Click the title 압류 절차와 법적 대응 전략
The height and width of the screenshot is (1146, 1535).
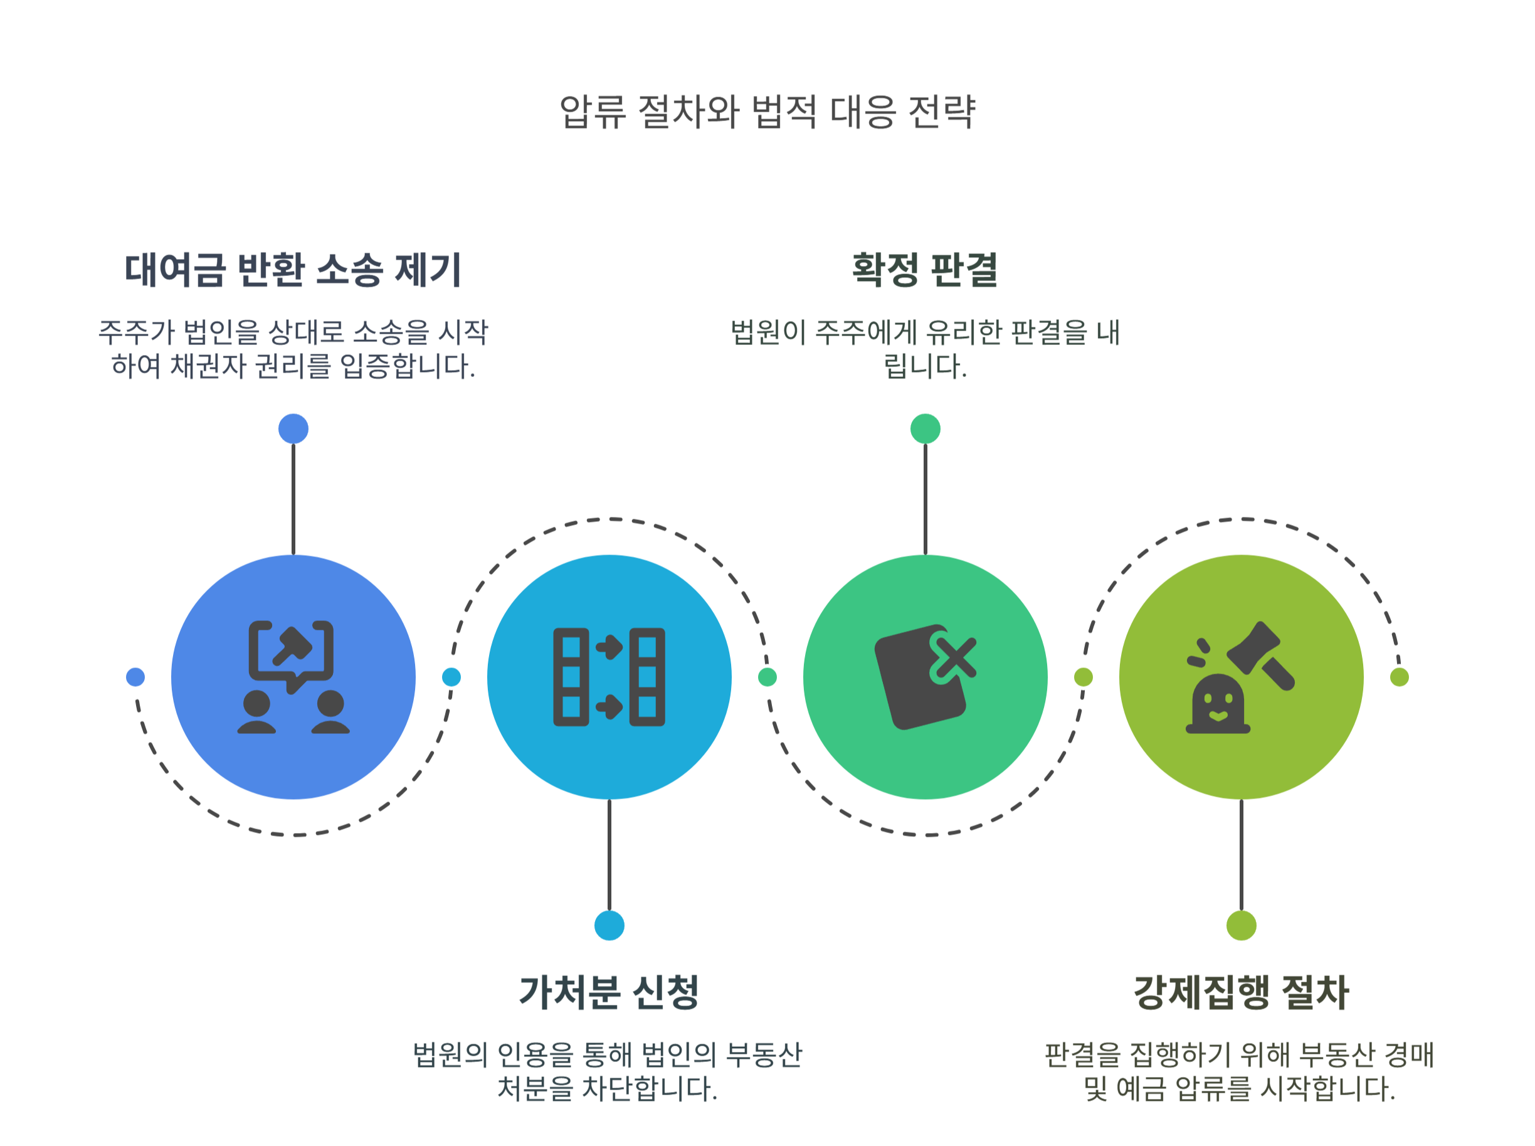point(767,112)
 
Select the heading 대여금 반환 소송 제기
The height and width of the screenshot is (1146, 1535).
point(293,270)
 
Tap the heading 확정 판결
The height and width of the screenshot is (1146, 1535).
point(924,270)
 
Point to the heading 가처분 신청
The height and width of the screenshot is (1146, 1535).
point(609,992)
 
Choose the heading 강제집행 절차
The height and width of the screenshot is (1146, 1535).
point(1240,992)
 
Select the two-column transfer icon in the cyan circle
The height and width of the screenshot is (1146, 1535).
point(609,677)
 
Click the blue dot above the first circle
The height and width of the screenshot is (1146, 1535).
point(293,428)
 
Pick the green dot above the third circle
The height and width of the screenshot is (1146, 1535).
point(925,428)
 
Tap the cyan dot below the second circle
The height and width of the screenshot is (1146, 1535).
point(609,925)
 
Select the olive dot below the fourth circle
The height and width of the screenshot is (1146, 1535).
point(1241,925)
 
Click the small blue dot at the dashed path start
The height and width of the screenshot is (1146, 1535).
point(135,677)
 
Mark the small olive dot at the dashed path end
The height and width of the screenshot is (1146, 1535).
point(1399,677)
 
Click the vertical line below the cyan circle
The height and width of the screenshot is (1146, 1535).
point(609,855)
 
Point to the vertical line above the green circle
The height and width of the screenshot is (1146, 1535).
point(925,499)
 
